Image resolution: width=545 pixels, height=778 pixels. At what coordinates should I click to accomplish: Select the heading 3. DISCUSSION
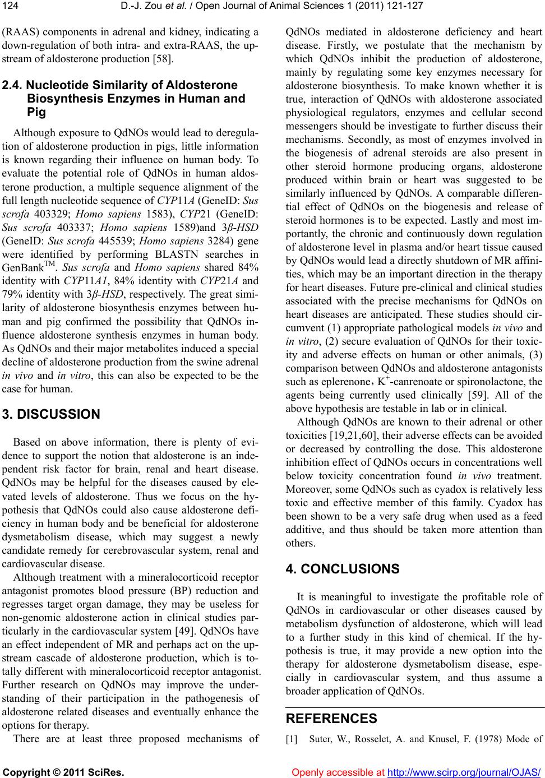point(51,415)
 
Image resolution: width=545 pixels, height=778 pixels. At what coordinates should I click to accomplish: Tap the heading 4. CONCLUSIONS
point(343,569)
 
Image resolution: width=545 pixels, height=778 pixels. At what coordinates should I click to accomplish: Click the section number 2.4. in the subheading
point(13,85)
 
